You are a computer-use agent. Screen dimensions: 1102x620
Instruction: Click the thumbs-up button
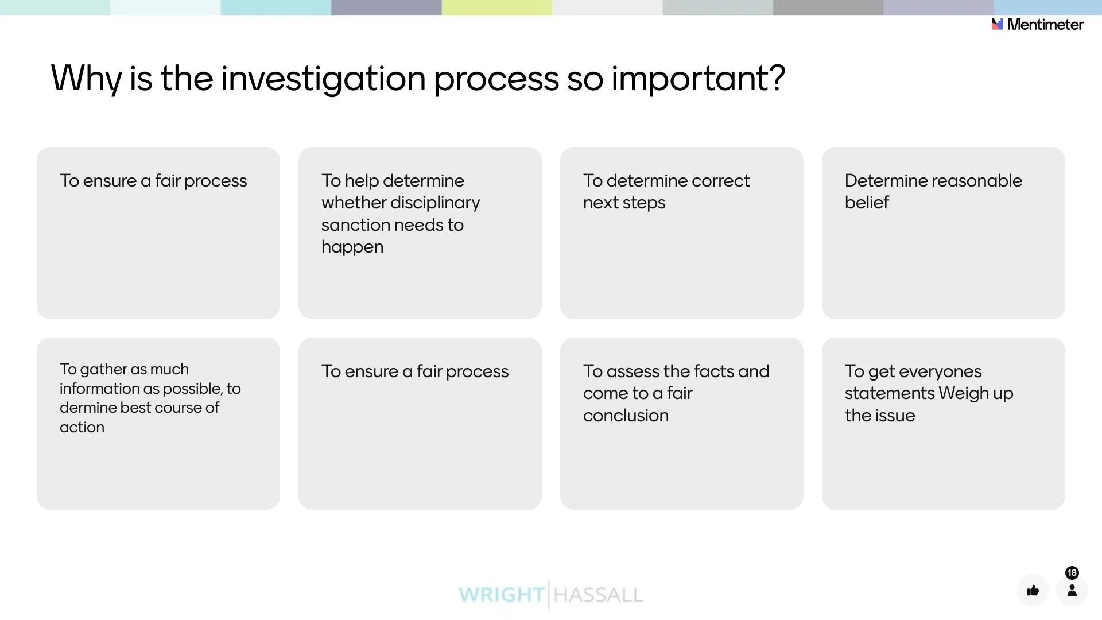(1033, 590)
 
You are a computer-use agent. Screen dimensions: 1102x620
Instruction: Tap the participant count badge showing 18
(1072, 573)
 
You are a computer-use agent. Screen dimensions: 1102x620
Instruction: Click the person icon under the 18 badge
(1072, 591)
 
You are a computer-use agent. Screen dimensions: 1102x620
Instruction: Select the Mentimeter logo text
(1045, 25)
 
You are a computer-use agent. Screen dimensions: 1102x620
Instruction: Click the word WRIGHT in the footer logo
(501, 595)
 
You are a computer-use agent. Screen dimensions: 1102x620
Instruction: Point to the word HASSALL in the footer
(598, 595)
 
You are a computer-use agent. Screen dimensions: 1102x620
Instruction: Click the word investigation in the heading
(323, 79)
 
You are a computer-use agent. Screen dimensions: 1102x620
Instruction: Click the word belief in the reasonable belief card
(867, 203)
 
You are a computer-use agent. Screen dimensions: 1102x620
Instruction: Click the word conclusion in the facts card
(626, 416)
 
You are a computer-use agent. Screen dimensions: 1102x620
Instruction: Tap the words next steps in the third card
(624, 203)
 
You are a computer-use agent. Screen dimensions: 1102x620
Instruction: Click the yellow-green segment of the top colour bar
(496, 7)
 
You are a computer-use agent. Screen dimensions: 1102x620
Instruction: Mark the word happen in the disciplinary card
(352, 247)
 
